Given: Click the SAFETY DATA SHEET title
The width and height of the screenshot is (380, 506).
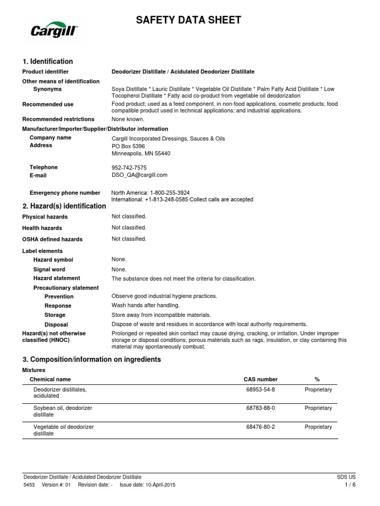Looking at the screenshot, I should point(189,20).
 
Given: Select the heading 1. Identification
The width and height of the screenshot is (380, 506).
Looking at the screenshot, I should point(47,61).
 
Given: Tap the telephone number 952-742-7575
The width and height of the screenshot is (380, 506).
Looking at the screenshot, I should point(129,168).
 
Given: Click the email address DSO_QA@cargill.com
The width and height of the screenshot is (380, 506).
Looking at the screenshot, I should point(140,175).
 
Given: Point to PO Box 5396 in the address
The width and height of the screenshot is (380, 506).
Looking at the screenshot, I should point(129,146).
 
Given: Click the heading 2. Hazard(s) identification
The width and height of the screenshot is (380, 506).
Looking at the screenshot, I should point(64,206).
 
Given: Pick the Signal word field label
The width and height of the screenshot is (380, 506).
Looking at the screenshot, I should point(49,269).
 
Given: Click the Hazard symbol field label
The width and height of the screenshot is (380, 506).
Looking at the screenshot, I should point(53,260).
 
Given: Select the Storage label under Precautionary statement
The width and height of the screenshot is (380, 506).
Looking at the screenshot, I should point(55,315).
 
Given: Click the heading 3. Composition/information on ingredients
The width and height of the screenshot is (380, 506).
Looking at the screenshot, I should point(92,359).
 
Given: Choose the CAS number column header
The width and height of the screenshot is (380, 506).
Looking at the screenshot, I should point(261,379).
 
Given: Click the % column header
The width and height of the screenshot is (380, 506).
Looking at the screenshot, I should point(317,379).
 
